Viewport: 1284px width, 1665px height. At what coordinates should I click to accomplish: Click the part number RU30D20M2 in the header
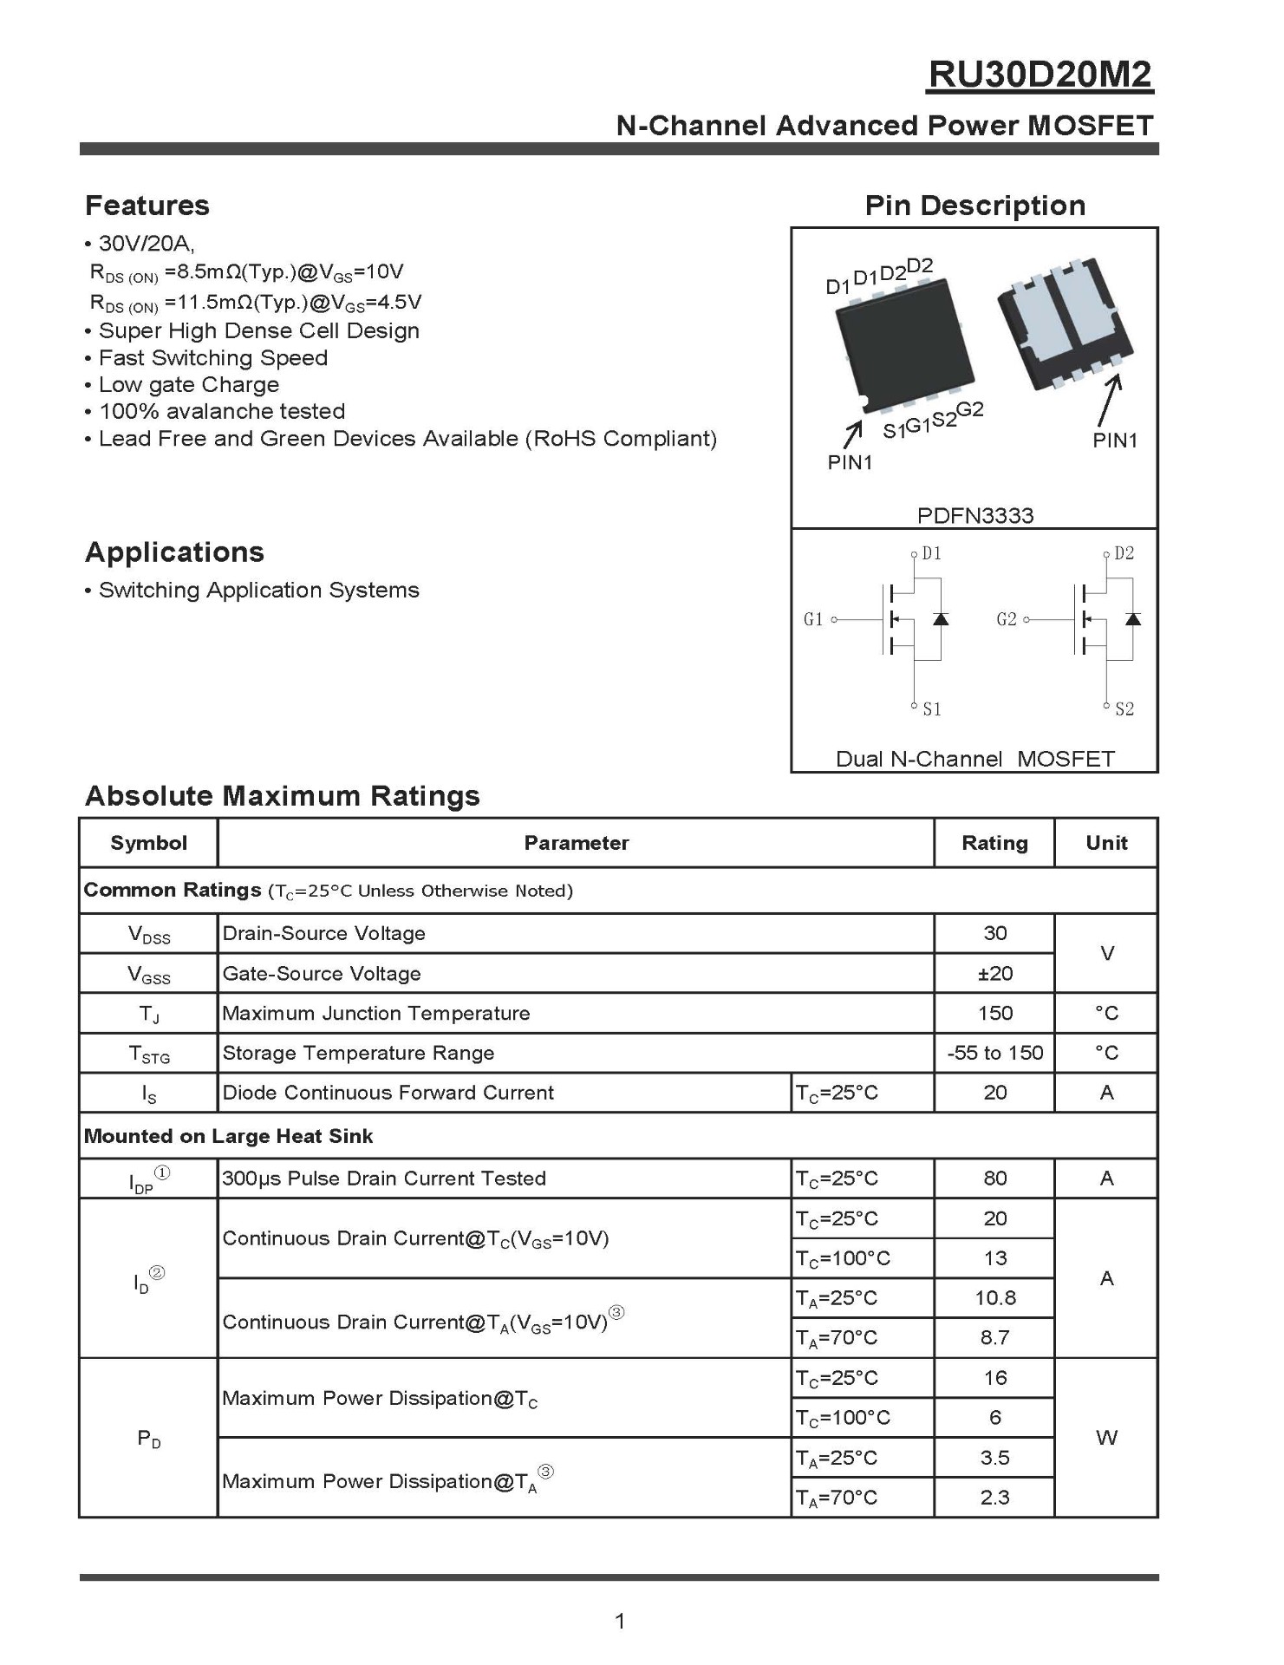[x=1040, y=75]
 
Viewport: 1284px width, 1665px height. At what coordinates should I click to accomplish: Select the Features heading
[x=147, y=206]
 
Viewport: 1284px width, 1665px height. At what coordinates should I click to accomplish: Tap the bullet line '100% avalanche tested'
[x=222, y=411]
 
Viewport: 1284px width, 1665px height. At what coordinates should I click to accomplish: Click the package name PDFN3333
[x=974, y=516]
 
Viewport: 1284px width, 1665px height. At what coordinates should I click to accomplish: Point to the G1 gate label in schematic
[x=813, y=619]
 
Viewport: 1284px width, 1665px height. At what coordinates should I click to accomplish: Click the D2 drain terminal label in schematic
[x=1124, y=553]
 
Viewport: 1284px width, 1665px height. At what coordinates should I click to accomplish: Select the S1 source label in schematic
[x=932, y=709]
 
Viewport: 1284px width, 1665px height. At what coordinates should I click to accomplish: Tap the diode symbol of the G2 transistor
[x=1132, y=619]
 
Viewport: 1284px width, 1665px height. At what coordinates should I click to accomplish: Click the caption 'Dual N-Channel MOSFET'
[x=974, y=759]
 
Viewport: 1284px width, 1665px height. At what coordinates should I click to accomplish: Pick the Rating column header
[x=994, y=843]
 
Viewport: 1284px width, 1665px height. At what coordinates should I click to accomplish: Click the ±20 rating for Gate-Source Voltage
[x=994, y=974]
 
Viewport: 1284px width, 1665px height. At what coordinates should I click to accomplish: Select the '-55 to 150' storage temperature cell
[x=994, y=1053]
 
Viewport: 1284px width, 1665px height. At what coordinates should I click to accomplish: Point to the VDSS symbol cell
[x=149, y=935]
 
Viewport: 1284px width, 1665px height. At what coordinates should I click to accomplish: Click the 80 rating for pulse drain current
[x=994, y=1179]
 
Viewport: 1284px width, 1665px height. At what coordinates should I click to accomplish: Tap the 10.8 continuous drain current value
[x=994, y=1298]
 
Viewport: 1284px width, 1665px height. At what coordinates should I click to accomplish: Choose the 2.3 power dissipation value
[x=994, y=1498]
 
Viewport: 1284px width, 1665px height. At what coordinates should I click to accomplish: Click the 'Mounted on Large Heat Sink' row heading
[x=228, y=1136]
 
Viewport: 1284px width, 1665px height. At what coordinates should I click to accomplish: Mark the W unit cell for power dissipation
[x=1106, y=1438]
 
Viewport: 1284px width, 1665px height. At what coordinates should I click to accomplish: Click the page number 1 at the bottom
[x=620, y=1621]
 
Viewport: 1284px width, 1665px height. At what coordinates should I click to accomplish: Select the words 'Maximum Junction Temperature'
[x=376, y=1014]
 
